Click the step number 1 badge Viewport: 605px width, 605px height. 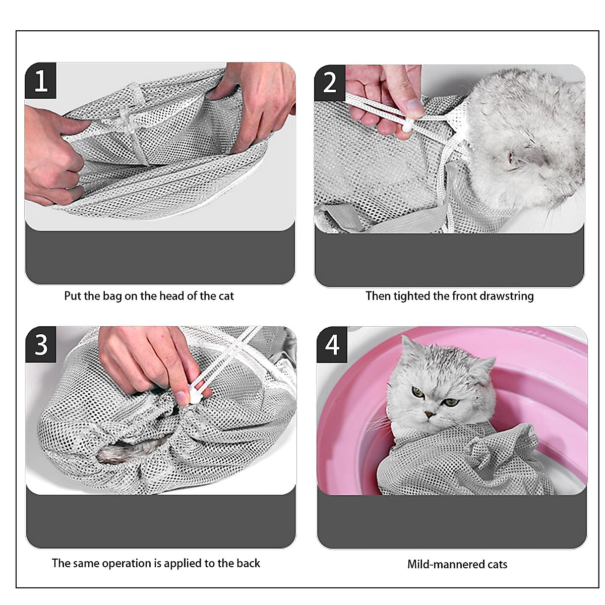click(x=41, y=81)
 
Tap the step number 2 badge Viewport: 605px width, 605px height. click(x=330, y=82)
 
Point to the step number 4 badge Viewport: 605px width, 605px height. click(x=332, y=345)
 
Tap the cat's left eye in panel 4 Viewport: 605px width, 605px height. click(x=417, y=391)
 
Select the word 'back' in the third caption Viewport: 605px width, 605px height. click(x=248, y=563)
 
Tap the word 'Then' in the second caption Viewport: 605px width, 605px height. click(x=378, y=296)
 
